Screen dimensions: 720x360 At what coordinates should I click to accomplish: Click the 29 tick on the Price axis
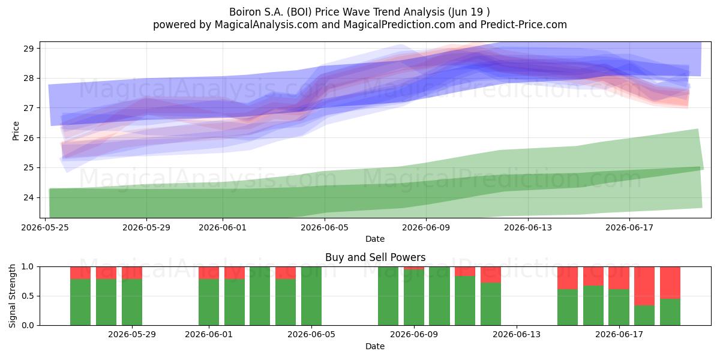29,49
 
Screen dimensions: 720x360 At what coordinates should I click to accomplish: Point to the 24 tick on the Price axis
29,197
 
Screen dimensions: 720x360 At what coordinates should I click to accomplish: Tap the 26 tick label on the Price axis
29,138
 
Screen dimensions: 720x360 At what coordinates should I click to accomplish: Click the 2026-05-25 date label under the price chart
45,227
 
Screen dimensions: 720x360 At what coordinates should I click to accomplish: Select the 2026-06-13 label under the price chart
528,227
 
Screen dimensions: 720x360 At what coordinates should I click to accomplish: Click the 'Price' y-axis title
16,131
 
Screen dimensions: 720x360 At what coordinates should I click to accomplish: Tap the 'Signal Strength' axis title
12,296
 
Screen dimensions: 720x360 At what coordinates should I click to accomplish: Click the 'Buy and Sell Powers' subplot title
375,257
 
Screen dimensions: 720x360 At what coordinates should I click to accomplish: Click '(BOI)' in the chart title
299,12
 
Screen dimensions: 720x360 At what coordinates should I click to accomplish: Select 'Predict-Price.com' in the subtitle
524,25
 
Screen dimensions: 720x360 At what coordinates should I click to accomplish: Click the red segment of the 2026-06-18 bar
644,286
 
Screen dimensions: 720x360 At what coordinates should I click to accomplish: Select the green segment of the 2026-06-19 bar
670,312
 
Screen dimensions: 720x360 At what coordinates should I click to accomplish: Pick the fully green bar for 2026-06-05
311,296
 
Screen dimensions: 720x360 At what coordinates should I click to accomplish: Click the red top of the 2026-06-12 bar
491,275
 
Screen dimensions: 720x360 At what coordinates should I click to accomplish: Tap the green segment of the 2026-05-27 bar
106,302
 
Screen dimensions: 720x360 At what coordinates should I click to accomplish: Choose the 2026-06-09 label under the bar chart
414,334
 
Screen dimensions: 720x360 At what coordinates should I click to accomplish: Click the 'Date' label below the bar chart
375,346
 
